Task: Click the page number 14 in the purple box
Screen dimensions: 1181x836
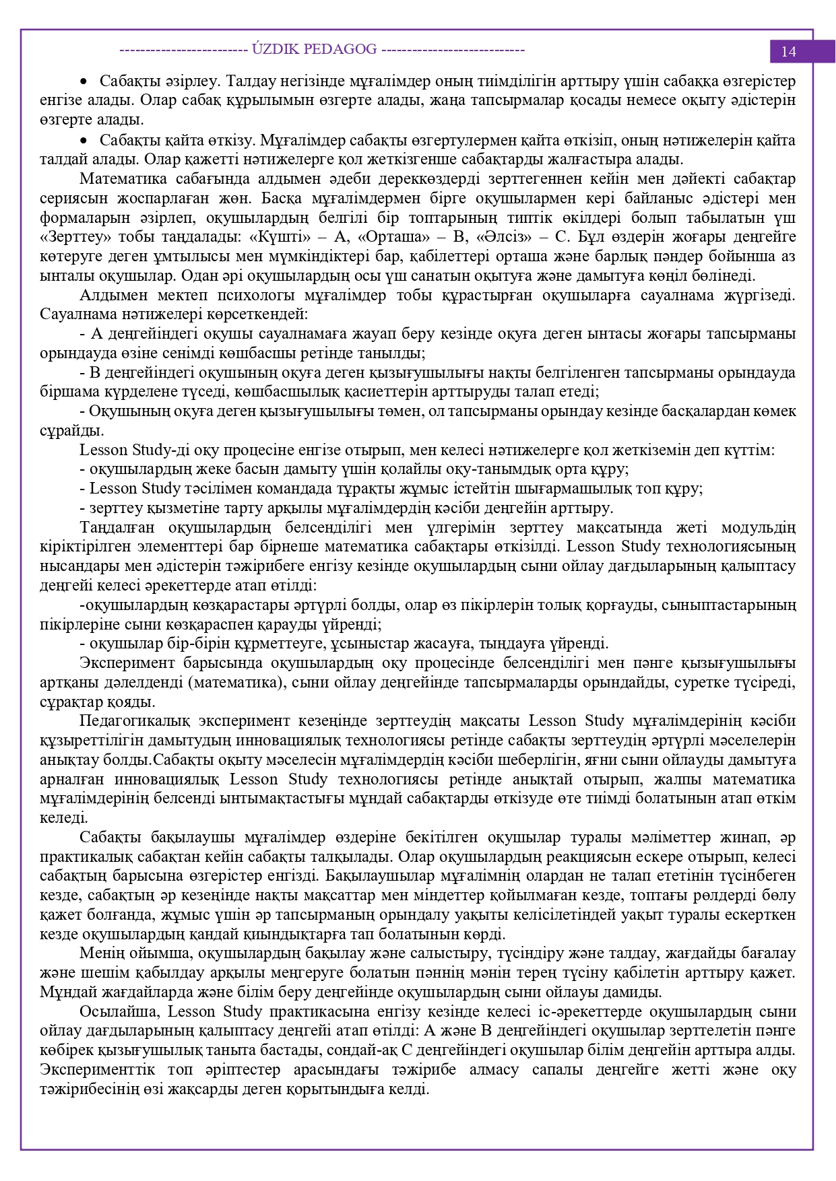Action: [788, 52]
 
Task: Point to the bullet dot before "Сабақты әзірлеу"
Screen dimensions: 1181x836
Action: [84, 81]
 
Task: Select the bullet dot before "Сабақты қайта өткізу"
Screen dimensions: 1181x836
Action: [84, 140]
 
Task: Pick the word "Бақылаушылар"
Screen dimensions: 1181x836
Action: [379, 875]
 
